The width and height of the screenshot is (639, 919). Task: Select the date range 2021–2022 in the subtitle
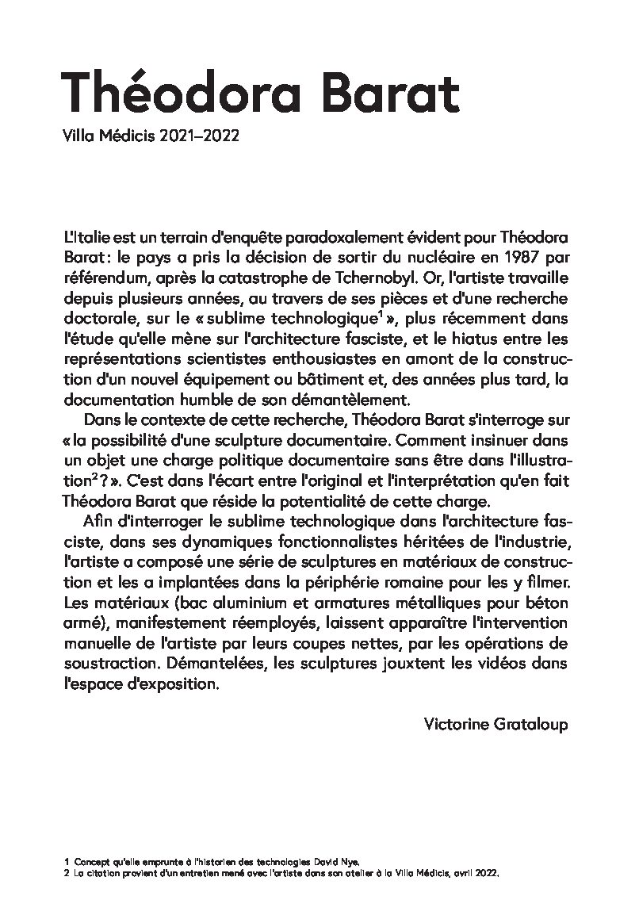(x=199, y=136)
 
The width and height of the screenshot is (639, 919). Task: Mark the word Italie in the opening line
(x=91, y=239)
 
